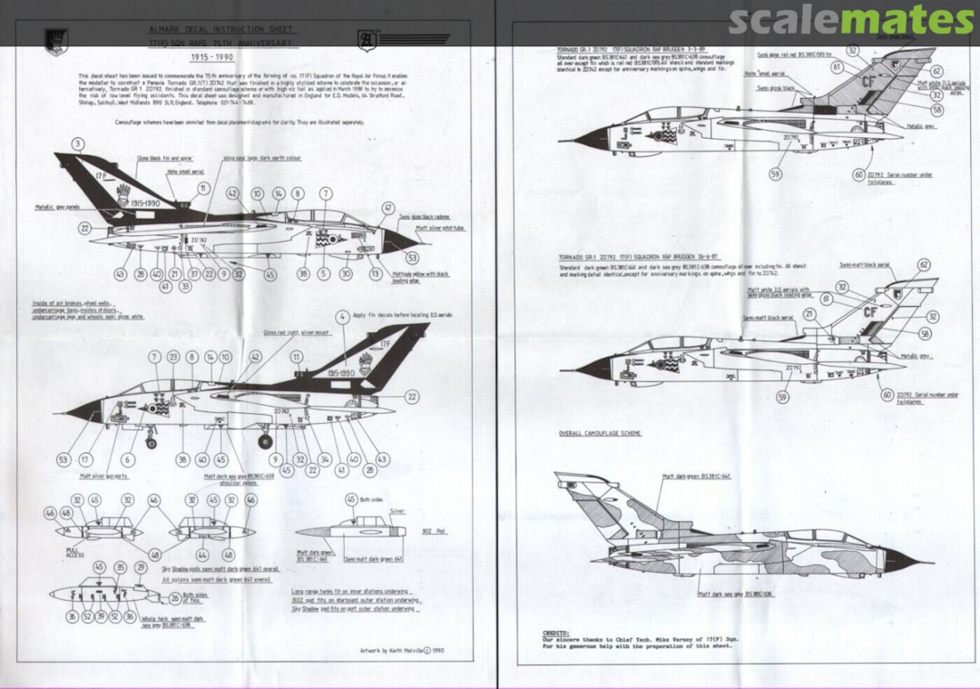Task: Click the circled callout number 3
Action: point(79,143)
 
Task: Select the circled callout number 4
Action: point(341,318)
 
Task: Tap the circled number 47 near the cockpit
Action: point(387,208)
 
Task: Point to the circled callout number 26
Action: point(174,598)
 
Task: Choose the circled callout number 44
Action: point(201,554)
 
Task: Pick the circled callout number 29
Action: point(140,567)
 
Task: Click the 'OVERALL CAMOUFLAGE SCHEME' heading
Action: point(600,434)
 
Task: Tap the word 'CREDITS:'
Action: point(556,633)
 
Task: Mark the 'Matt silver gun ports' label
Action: point(103,475)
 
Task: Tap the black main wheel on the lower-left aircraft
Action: point(265,442)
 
